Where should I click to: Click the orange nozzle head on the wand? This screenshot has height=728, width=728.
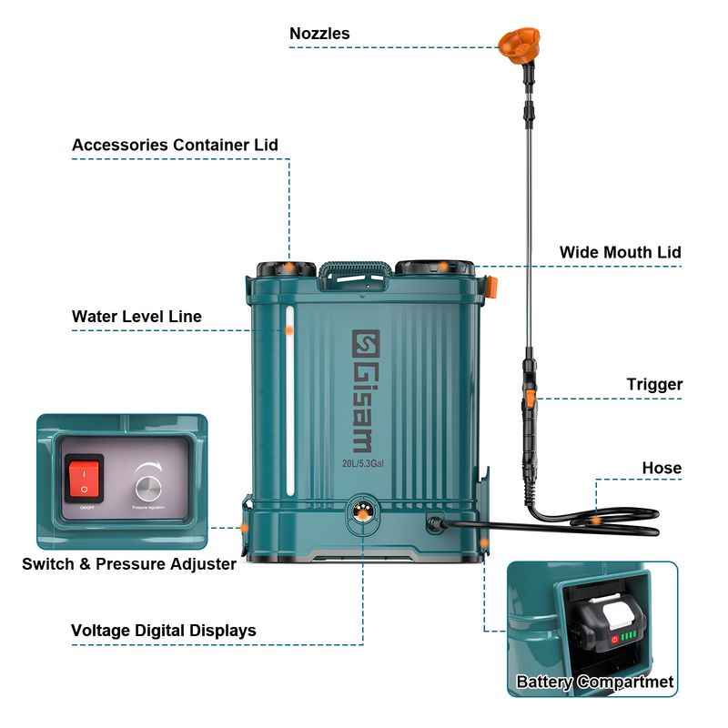tap(518, 41)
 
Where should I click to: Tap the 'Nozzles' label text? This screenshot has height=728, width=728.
tap(319, 34)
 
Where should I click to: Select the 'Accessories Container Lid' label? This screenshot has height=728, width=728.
tap(175, 145)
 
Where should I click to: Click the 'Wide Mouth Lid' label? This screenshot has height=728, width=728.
tap(620, 252)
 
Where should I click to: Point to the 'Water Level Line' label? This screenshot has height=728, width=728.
tap(136, 317)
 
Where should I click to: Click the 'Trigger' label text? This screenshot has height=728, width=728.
tap(654, 385)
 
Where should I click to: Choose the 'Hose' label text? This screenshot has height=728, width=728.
tap(661, 468)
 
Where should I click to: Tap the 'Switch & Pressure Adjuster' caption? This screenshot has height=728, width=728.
tap(129, 564)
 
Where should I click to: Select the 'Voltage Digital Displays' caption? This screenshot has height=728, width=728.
tap(164, 631)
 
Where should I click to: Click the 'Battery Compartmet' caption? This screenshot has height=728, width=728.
tap(595, 682)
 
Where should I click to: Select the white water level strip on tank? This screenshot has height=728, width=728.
tap(289, 400)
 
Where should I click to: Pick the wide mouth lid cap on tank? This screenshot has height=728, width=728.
tap(434, 268)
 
